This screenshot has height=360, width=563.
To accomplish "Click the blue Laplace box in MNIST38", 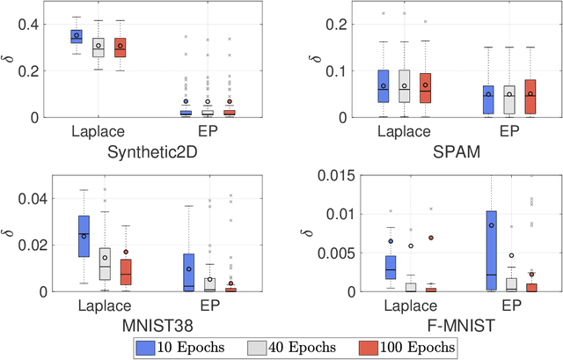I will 84,236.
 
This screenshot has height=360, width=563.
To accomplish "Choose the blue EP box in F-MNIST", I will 491,251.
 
